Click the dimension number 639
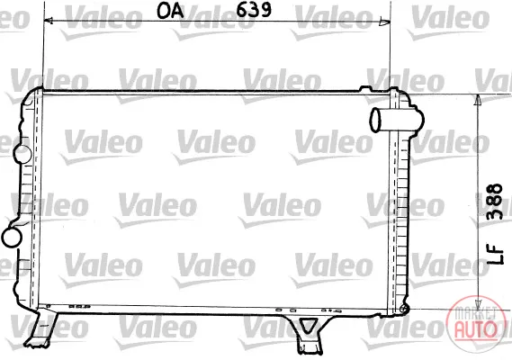254,10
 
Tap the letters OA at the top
170,11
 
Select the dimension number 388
495,202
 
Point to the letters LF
495,255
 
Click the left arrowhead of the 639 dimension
49,21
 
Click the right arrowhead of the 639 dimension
385,22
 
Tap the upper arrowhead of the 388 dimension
478,100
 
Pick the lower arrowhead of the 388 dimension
478,303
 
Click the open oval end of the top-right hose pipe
375,120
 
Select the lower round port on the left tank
12,238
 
